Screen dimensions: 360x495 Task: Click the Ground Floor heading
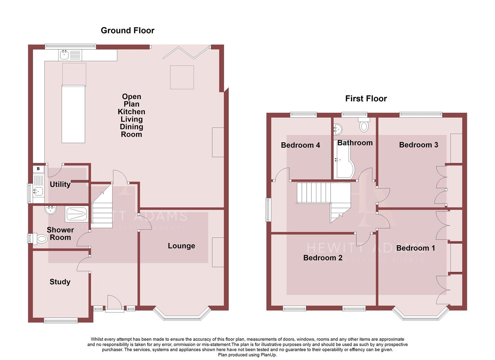[127, 30]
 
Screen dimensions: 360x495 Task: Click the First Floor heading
[366, 98]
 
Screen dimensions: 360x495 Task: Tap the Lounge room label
[181, 246]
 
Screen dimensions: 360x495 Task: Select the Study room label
[60, 282]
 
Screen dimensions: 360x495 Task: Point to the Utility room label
[60, 184]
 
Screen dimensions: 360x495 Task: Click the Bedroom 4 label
[300, 145]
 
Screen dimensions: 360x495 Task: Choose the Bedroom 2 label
[323, 258]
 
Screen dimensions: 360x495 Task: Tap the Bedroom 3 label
[418, 145]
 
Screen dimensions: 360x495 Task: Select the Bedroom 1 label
[415, 248]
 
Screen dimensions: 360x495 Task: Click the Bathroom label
[355, 143]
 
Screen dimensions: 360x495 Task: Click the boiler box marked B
[38, 169]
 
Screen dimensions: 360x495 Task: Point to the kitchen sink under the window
[64, 55]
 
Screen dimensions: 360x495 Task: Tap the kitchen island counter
[73, 114]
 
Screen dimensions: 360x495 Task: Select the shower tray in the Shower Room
[77, 214]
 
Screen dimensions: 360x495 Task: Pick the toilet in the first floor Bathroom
[364, 125]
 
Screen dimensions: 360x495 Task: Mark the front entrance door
[114, 304]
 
